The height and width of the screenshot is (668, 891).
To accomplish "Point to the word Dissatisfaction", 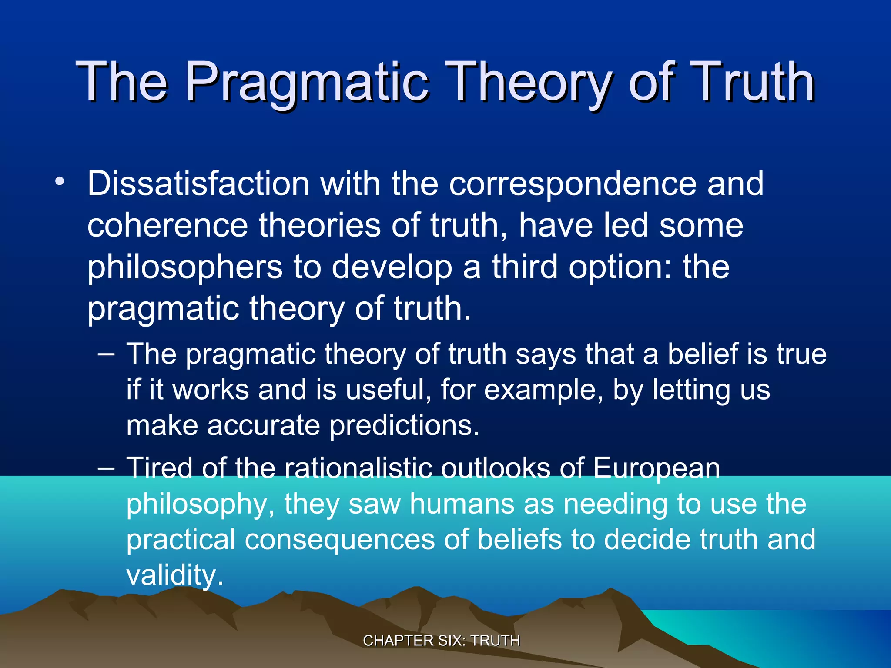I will click(198, 184).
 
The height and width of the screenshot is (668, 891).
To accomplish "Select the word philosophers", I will click(184, 267).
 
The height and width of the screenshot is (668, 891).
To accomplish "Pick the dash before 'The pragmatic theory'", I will click(106, 354).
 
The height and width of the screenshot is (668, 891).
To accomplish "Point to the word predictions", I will click(404, 425).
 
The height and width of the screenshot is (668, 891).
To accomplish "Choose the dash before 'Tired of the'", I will click(106, 468).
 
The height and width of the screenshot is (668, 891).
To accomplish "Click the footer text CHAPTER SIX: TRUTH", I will click(441, 641).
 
